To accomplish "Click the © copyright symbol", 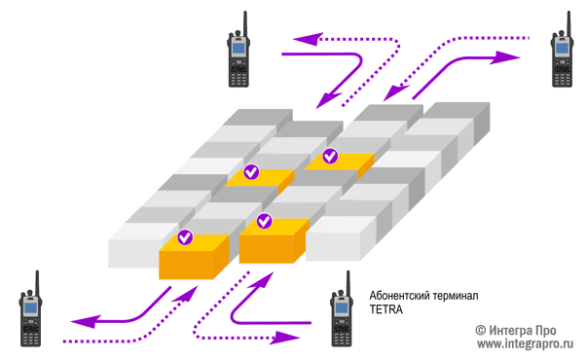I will [x=481, y=329].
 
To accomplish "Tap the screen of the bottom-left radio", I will [x=31, y=310].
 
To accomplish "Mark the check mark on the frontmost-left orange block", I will [x=185, y=236].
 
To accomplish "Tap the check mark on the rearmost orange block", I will [x=330, y=155].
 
